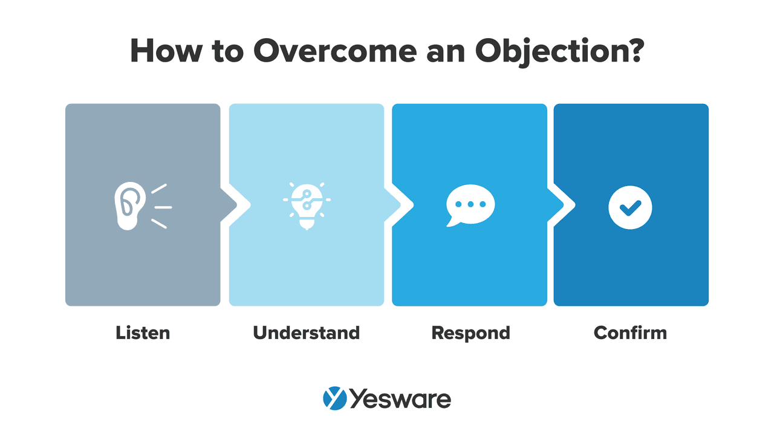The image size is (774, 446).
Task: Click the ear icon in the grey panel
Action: [129, 206]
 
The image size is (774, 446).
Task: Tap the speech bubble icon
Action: [470, 205]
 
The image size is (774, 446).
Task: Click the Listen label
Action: [143, 332]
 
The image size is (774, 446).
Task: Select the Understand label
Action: [306, 332]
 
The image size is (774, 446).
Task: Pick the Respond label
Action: [470, 332]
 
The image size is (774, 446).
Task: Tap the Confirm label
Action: [630, 332]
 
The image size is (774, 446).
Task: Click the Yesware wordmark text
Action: [400, 399]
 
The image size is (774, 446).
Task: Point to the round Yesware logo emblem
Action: [334, 399]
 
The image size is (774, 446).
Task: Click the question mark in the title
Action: [633, 51]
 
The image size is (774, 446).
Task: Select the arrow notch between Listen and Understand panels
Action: [229, 205]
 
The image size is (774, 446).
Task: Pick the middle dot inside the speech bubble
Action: [470, 204]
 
